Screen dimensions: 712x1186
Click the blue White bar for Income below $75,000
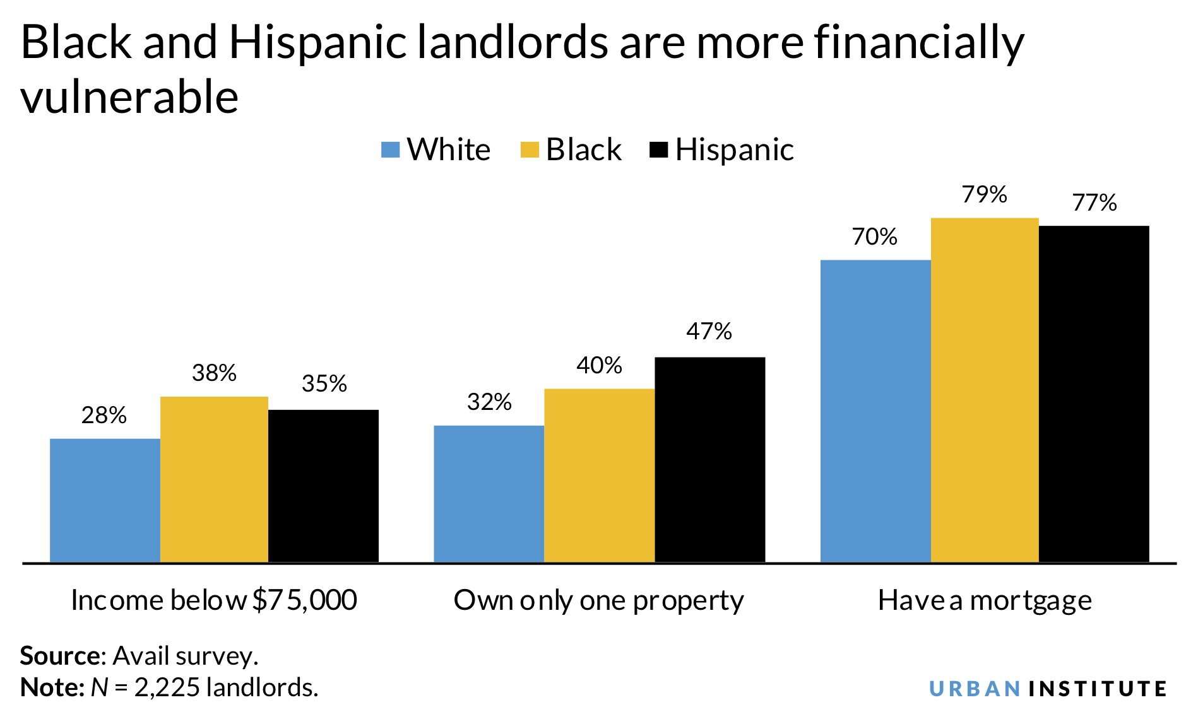coord(105,500)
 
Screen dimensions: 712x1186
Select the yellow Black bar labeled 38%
coord(214,479)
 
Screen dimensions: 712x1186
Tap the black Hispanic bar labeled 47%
coord(709,459)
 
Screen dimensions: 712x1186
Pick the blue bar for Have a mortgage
coord(875,411)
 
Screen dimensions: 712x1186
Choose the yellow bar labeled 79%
coord(984,390)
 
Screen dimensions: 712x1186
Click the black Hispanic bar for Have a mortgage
coord(1093,394)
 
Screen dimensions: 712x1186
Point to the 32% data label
coord(489,402)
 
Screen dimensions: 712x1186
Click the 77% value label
coord(1094,203)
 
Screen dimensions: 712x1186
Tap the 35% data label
coord(324,383)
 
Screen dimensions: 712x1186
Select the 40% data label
coord(599,365)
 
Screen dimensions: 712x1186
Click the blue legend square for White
coord(391,150)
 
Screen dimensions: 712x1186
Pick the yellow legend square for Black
coord(530,150)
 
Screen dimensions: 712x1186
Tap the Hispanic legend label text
coord(734,150)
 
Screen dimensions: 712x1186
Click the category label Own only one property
coord(598,600)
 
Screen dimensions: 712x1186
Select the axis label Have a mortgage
coord(984,600)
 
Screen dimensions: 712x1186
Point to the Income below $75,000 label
coord(214,600)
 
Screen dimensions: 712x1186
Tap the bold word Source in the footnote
coord(59,656)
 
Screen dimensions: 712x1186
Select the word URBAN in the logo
coord(975,688)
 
